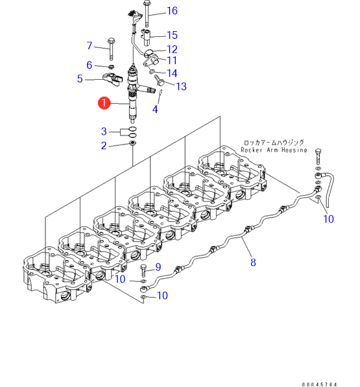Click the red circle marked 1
(x=104, y=102)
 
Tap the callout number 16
(x=172, y=10)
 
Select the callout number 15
(x=172, y=35)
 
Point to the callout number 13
(x=181, y=86)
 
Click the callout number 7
(x=90, y=45)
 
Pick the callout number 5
(x=80, y=78)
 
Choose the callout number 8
(x=253, y=263)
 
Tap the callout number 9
(x=158, y=267)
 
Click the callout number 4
(x=155, y=109)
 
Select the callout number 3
(x=104, y=132)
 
